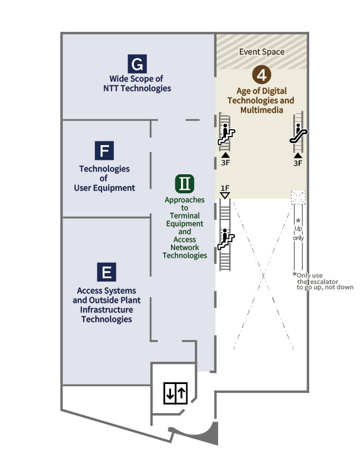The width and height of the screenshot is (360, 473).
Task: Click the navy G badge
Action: tap(137, 65)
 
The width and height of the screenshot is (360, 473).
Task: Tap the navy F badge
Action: tap(104, 151)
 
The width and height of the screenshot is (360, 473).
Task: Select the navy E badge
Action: tap(106, 272)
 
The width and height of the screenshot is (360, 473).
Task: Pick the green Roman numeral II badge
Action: tap(185, 184)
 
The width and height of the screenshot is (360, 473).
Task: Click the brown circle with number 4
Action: tap(260, 75)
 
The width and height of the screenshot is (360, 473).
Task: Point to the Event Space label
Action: tap(262, 52)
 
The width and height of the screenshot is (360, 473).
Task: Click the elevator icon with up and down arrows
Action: tap(175, 393)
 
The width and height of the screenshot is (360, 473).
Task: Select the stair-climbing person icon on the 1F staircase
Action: tap(227, 240)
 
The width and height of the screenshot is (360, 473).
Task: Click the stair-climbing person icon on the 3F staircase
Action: tap(227, 135)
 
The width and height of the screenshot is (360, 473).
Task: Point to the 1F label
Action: tap(225, 188)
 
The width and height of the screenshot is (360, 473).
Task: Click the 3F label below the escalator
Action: tap(298, 163)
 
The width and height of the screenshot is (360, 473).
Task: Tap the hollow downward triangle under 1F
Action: tap(225, 195)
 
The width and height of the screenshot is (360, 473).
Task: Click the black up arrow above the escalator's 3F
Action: tap(298, 155)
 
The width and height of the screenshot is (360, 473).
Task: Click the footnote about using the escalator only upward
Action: tap(323, 281)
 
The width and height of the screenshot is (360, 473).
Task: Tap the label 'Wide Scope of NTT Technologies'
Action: tap(137, 84)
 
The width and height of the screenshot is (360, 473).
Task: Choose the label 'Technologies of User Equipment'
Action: tap(104, 178)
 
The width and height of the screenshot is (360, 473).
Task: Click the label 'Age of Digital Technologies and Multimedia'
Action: tap(260, 100)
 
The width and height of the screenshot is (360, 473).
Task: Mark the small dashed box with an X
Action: tap(299, 197)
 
